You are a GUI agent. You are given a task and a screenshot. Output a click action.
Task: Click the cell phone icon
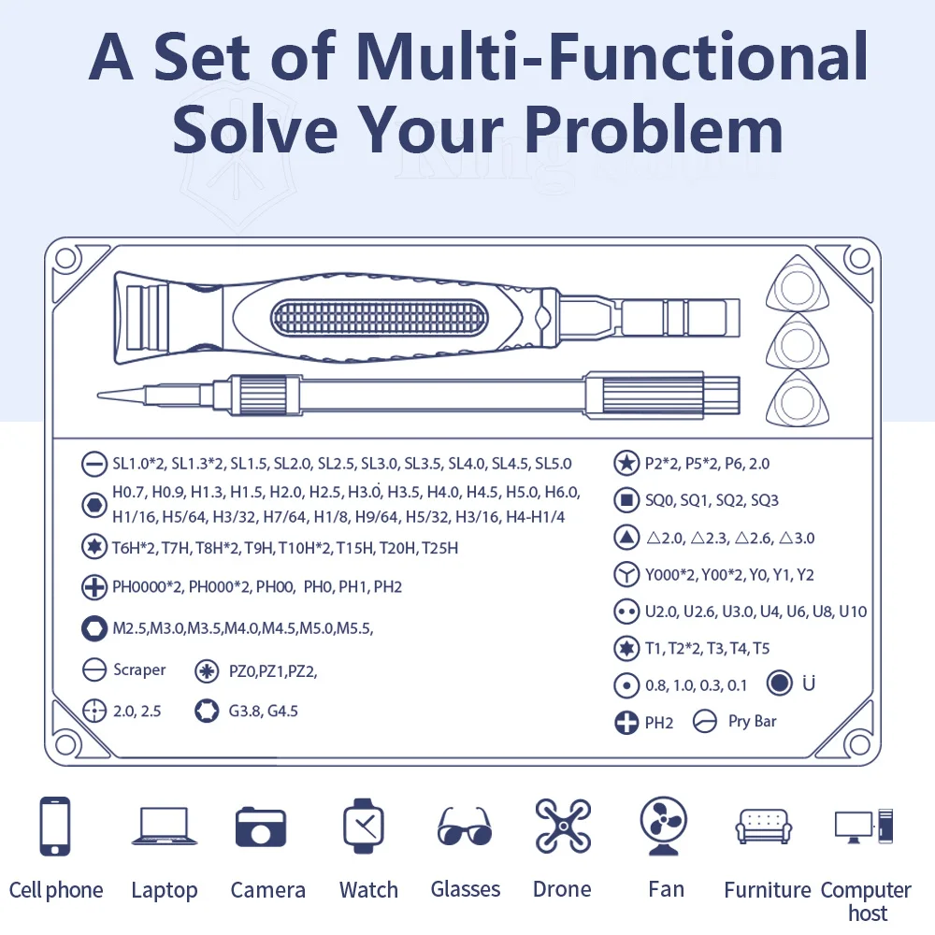55,826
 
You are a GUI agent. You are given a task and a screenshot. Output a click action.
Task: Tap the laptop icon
165,826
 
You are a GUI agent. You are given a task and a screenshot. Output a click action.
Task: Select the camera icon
261,827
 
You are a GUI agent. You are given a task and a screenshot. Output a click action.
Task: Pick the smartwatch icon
363,827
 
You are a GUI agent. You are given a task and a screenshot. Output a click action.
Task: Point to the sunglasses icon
465,827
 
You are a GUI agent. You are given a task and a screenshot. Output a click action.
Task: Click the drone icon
563,826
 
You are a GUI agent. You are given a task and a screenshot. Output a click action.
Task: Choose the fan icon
663,826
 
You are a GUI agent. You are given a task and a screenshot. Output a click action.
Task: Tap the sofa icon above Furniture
764,827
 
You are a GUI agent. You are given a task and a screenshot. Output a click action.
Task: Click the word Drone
562,889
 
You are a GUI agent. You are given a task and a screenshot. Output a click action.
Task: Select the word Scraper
139,669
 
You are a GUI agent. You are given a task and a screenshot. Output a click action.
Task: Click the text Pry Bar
752,722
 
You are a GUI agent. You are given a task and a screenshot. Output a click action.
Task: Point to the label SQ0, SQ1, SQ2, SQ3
712,500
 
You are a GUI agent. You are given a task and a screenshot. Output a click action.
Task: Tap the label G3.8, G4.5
263,711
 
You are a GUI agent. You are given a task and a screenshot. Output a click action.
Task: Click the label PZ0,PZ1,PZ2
272,671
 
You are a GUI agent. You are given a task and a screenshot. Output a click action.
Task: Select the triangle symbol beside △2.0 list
626,538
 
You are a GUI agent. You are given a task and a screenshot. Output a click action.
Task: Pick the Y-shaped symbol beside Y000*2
626,574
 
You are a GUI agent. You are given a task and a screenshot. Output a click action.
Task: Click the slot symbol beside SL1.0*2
94,464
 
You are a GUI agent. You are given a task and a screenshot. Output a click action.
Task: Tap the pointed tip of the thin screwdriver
99,395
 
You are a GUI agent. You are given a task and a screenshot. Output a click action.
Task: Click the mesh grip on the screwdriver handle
380,317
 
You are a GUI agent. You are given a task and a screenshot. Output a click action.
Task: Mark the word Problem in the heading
654,130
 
